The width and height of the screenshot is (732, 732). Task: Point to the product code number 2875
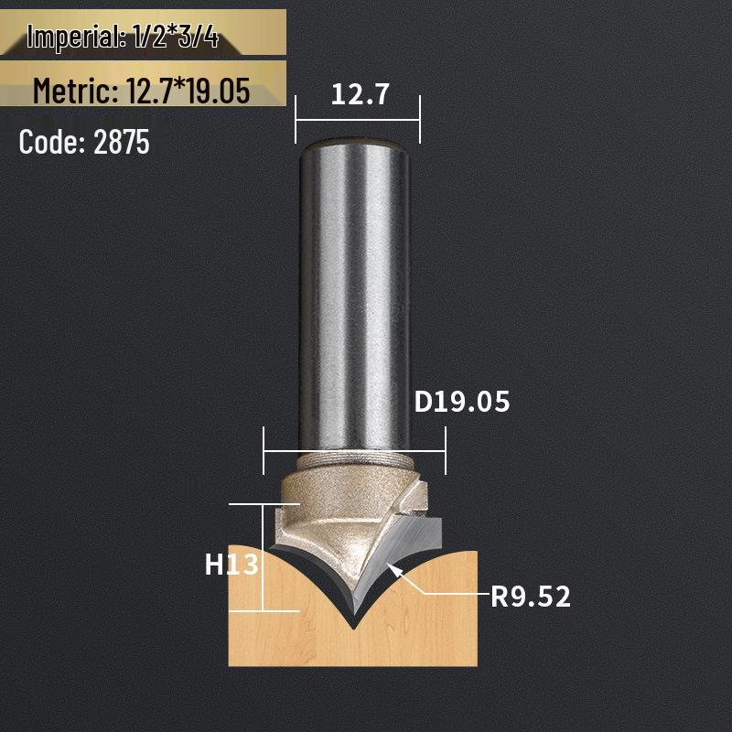pos(122,143)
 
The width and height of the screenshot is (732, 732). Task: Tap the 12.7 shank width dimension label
pos(358,94)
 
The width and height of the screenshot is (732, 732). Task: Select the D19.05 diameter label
pos(461,402)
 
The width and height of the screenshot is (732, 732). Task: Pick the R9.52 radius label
pos(531,597)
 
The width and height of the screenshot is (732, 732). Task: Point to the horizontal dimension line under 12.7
pos(358,120)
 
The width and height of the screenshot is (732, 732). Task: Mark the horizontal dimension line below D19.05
pos(354,450)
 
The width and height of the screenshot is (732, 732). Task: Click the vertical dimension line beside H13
pos(264,558)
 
